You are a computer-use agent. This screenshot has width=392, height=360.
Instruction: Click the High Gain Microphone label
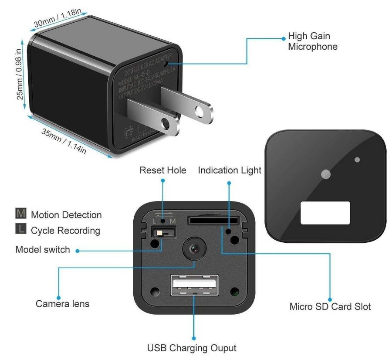click(x=312, y=41)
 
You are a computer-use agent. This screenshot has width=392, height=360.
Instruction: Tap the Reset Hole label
click(x=162, y=170)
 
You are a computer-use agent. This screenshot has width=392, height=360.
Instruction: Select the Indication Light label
click(x=230, y=170)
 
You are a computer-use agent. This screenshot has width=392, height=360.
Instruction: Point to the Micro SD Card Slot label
click(x=330, y=306)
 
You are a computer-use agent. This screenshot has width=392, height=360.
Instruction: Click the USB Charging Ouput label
click(x=192, y=348)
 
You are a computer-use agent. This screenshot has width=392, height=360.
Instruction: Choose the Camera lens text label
click(x=62, y=303)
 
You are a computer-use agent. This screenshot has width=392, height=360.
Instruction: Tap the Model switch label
click(x=42, y=250)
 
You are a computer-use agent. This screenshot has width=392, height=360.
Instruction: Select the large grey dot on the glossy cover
click(x=325, y=174)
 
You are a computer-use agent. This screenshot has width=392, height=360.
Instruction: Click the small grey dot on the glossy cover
click(x=357, y=160)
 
